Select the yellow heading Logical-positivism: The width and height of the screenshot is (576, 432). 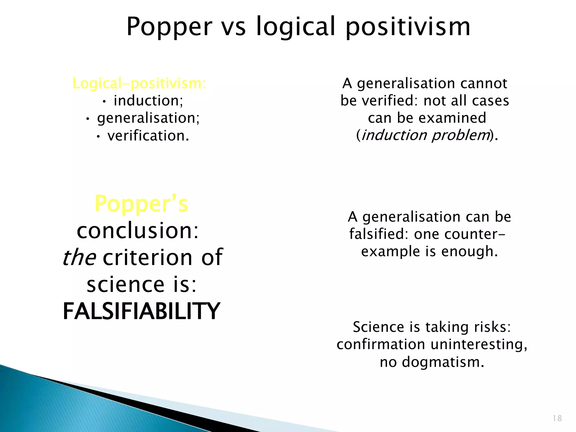139,84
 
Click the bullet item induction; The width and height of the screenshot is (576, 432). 148,101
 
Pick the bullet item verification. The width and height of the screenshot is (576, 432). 148,136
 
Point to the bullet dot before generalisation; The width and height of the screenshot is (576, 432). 87,120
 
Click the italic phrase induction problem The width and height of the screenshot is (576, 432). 425,135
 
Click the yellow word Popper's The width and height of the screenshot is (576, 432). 141,204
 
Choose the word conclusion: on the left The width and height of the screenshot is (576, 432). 138,230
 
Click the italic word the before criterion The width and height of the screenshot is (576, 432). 79,257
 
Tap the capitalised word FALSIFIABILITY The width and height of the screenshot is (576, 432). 141,311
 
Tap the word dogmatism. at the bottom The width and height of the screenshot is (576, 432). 443,362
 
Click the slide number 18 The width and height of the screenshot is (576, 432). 557,418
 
